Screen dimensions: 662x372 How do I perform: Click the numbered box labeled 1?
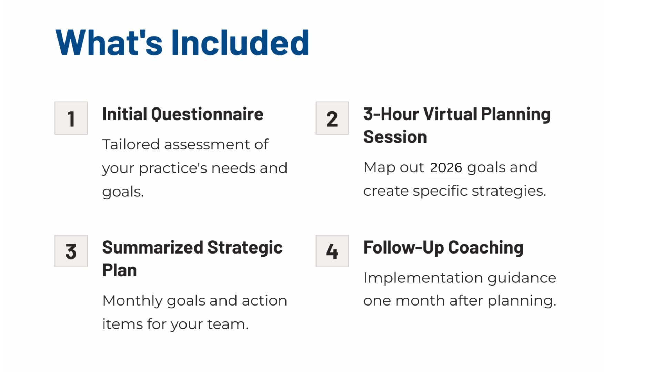pos(71,118)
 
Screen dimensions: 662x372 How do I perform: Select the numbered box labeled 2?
pos(332,118)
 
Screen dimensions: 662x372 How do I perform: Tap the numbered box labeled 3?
pos(71,251)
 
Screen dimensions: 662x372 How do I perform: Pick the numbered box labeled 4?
pos(332,251)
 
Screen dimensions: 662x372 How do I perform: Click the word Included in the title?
pos(240,42)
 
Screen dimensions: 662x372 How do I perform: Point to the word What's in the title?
pos(109,42)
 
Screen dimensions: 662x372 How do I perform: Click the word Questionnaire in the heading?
pos(207,115)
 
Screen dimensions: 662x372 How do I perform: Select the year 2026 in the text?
pos(446,167)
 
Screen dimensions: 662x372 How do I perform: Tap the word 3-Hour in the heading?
pos(391,114)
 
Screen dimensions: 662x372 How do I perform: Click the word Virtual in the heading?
pos(450,114)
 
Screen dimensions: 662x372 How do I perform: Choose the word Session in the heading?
pos(395,137)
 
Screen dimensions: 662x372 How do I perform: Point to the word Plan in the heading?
pos(120,270)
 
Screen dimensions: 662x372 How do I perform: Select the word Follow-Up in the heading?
pos(403,248)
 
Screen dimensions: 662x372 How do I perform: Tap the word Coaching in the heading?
pos(486,248)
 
